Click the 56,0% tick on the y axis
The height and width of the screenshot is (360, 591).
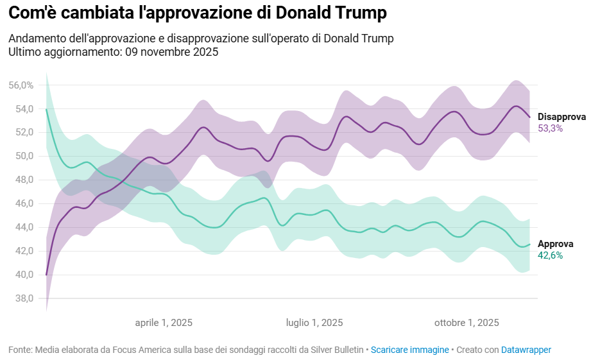[21, 85]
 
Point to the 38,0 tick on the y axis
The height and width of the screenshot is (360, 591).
[24, 298]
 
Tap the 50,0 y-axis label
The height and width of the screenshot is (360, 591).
[24, 156]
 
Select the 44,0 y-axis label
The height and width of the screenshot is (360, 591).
[24, 227]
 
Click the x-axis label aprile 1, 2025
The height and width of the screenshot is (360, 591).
[164, 323]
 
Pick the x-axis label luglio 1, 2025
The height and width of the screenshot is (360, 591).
[314, 323]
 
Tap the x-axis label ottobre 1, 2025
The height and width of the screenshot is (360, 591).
[467, 323]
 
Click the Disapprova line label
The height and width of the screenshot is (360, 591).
[561, 117]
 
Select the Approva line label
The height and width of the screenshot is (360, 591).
[556, 244]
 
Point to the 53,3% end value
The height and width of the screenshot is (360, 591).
[551, 128]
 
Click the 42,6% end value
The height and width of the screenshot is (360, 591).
[551, 255]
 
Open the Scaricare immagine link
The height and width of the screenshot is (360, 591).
[410, 350]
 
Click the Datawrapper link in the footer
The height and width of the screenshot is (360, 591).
[526, 350]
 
